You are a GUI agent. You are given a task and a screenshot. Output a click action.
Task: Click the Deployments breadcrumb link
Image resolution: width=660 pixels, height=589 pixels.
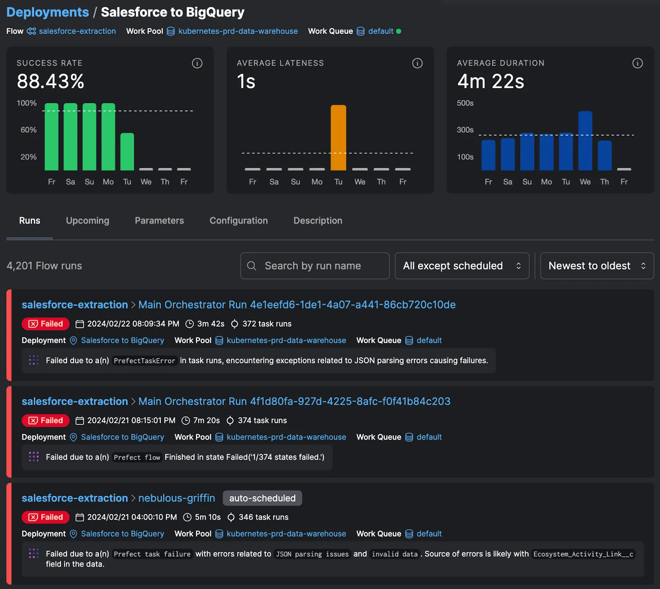(x=47, y=12)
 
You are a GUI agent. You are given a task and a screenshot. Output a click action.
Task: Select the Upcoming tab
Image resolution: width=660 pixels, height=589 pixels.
(x=87, y=221)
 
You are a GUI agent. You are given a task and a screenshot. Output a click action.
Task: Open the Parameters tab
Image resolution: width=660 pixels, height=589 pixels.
(x=159, y=221)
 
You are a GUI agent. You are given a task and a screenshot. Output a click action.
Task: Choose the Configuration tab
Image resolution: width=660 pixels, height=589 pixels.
(x=238, y=221)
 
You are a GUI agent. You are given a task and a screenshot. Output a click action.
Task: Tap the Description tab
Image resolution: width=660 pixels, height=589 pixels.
(x=318, y=221)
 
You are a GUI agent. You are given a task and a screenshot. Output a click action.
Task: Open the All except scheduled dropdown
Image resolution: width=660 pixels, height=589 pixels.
(x=462, y=266)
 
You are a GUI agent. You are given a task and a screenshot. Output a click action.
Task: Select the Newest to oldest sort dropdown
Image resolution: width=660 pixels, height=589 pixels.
(x=596, y=266)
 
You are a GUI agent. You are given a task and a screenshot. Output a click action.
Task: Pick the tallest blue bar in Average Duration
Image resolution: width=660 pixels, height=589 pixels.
(x=585, y=141)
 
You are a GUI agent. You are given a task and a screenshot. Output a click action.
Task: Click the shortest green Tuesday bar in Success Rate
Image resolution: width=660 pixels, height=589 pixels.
(x=127, y=151)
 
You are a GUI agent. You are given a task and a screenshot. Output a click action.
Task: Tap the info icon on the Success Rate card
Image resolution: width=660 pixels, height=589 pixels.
(x=197, y=63)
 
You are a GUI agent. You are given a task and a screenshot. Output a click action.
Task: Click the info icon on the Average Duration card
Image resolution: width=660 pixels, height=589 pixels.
(x=637, y=63)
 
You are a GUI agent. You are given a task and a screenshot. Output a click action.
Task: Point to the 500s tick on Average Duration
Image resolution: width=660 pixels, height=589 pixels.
(x=465, y=103)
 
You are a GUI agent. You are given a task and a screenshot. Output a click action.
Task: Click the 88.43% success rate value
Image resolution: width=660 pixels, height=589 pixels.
(x=50, y=81)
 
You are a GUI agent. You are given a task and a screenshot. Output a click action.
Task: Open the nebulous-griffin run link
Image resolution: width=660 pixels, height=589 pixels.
(x=177, y=498)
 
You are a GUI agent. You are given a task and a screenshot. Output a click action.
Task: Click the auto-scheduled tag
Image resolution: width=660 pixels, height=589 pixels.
(x=262, y=498)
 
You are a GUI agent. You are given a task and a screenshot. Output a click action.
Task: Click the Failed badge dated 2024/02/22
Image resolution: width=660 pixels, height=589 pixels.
(x=45, y=324)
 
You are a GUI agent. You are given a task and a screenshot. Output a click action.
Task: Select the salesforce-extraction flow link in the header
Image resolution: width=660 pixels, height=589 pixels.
(x=77, y=31)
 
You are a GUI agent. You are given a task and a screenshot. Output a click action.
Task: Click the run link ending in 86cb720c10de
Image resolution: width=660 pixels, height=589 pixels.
(x=297, y=305)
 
